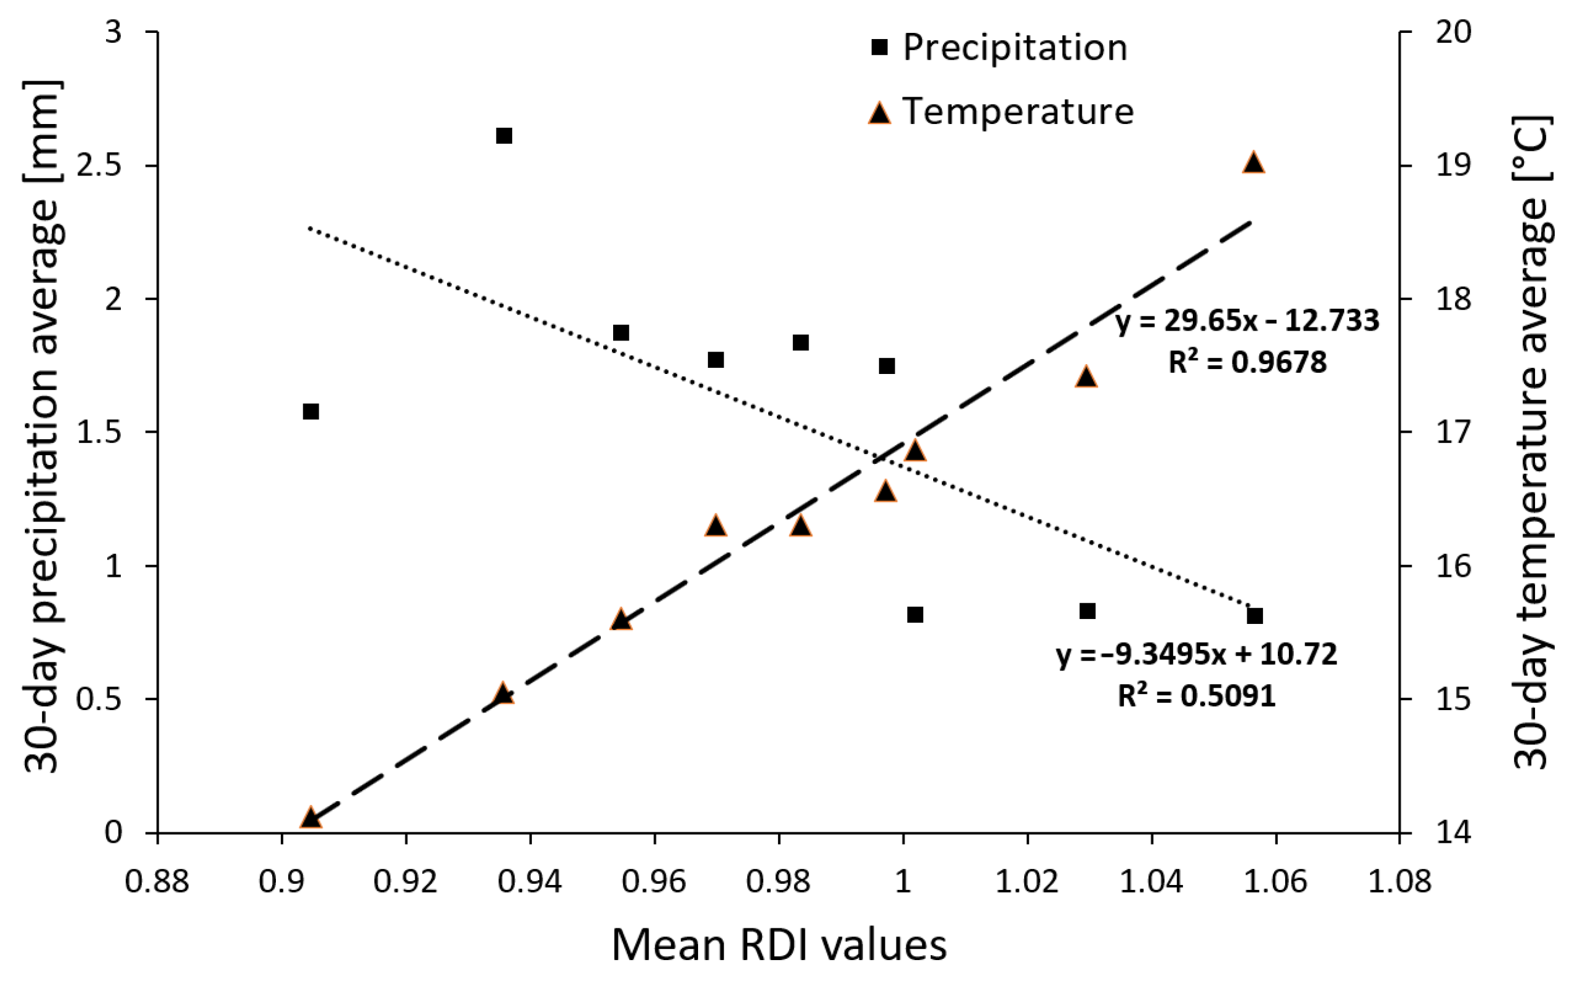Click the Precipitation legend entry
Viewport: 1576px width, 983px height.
[x=1014, y=48]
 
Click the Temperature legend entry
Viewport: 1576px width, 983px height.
[x=1017, y=111]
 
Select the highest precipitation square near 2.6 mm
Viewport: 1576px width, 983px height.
[x=504, y=136]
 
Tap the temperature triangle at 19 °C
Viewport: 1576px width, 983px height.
[x=1254, y=162]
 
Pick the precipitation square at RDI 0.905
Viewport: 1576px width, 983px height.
[x=311, y=412]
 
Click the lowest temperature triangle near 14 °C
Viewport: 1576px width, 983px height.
[x=311, y=818]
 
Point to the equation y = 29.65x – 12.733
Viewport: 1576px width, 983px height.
[x=1247, y=321]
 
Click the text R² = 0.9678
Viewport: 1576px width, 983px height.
[x=1247, y=362]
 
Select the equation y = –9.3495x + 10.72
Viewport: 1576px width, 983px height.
[x=1197, y=654]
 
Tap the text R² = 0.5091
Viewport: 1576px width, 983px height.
[x=1197, y=695]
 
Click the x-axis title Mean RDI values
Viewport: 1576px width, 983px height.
[x=779, y=945]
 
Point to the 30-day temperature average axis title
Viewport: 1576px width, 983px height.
[x=1533, y=442]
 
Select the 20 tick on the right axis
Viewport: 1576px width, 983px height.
[x=1453, y=32]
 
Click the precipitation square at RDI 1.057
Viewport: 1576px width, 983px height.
[x=1255, y=616]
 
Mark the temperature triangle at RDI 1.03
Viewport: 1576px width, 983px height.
[x=1087, y=377]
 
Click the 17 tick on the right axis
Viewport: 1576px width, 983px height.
[x=1453, y=432]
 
